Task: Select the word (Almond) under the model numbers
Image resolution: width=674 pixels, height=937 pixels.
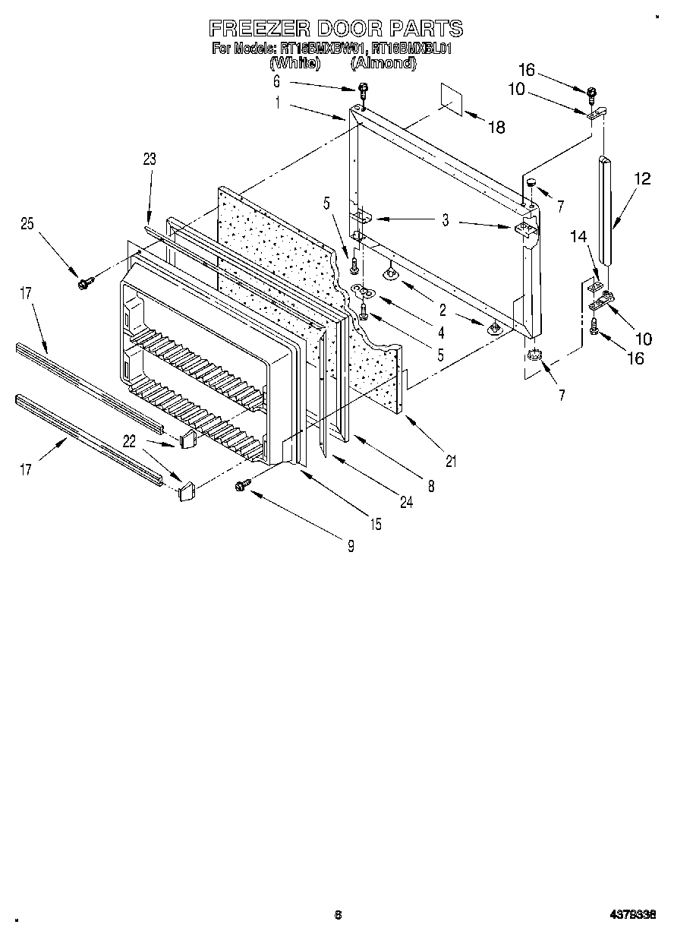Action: (x=383, y=64)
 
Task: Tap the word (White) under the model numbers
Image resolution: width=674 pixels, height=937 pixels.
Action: (x=295, y=64)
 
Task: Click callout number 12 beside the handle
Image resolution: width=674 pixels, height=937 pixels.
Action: (x=642, y=179)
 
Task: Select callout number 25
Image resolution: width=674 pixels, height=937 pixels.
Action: (x=27, y=223)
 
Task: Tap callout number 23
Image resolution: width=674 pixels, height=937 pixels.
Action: (x=149, y=159)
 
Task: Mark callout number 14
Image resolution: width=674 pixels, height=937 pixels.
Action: (x=579, y=237)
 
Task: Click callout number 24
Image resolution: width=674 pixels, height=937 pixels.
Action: (x=407, y=502)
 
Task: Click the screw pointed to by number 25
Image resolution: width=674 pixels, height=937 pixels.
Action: (x=83, y=283)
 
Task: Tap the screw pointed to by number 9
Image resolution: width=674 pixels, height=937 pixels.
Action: (x=244, y=484)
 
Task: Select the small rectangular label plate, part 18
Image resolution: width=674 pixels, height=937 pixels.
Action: (x=453, y=99)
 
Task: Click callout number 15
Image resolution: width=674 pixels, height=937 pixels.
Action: (x=376, y=523)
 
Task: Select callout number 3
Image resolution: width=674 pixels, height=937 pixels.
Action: (x=446, y=220)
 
